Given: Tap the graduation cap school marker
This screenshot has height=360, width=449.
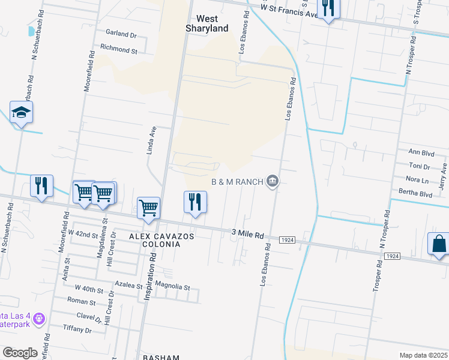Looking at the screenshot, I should tap(21, 112).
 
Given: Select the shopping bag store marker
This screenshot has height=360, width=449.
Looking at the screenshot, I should tap(439, 244).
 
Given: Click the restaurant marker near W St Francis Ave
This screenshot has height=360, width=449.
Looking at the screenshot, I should tap(328, 8).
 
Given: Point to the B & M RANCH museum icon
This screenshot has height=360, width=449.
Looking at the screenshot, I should tap(273, 181).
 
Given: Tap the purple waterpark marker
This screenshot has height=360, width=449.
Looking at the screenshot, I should tap(39, 318).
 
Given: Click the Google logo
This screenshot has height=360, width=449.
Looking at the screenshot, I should tap(20, 352).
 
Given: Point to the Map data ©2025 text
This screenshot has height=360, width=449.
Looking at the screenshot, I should tap(423, 355).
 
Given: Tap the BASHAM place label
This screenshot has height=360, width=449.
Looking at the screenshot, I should tap(161, 357).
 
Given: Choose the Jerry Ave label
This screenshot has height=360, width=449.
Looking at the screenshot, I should tap(444, 176).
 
